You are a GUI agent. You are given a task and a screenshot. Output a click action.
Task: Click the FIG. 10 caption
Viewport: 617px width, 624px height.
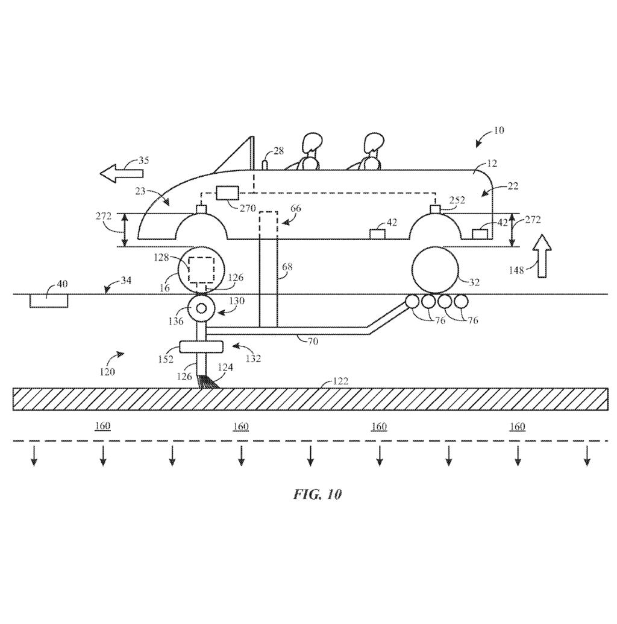[x=318, y=494]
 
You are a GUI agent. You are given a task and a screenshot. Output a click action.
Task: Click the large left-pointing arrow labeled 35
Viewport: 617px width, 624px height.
[x=121, y=174]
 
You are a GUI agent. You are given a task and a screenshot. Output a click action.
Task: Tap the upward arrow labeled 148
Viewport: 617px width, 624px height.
[x=542, y=256]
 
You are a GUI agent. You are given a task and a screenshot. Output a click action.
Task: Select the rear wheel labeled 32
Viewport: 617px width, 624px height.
[x=435, y=270]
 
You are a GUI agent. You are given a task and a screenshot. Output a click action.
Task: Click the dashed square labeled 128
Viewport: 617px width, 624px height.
[x=201, y=269]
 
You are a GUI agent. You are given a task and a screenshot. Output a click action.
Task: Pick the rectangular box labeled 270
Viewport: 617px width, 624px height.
[x=227, y=193]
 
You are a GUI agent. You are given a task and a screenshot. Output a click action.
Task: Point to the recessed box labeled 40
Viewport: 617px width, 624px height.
[x=49, y=301]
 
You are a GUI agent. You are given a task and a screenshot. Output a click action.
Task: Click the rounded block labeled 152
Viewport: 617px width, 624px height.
[x=201, y=347]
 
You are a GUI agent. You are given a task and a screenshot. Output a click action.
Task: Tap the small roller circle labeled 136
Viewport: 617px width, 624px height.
[x=201, y=308]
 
